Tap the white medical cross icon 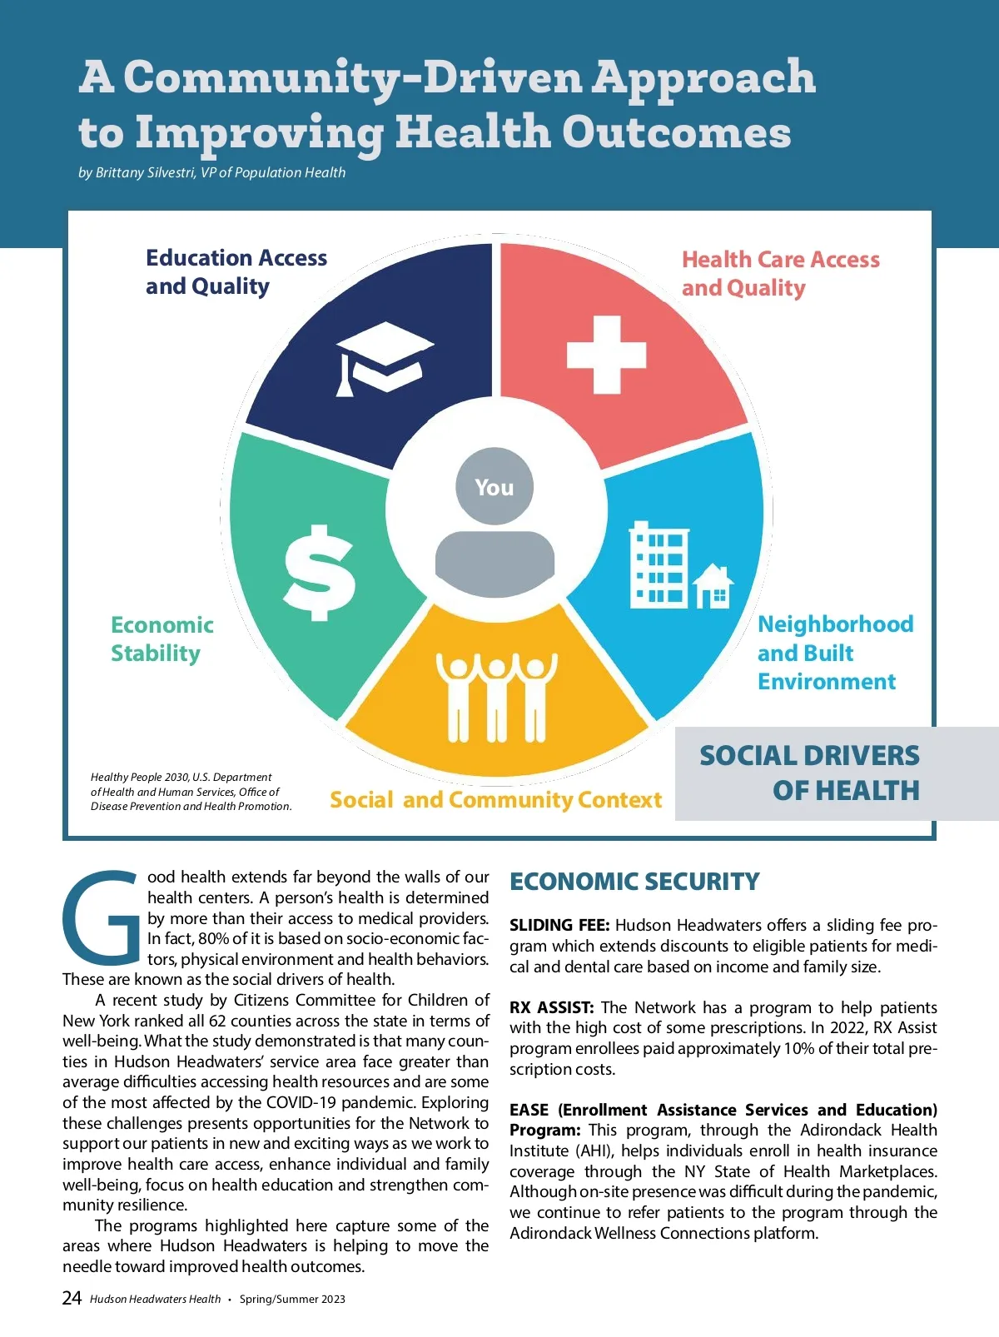[x=606, y=355]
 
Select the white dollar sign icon [x=319, y=573]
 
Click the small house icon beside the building [x=713, y=585]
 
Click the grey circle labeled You [x=495, y=487]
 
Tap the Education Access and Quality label [x=236, y=272]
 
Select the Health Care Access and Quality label [x=780, y=274]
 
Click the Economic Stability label [x=162, y=639]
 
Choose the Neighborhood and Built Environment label [x=834, y=653]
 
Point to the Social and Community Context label [x=495, y=800]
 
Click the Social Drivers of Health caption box [x=836, y=773]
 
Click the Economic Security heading [x=634, y=882]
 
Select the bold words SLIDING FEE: [x=559, y=925]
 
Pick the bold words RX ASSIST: [x=551, y=1007]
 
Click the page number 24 [x=72, y=1298]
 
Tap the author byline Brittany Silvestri [x=211, y=173]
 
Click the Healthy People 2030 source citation [x=191, y=791]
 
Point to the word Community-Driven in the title [x=353, y=77]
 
